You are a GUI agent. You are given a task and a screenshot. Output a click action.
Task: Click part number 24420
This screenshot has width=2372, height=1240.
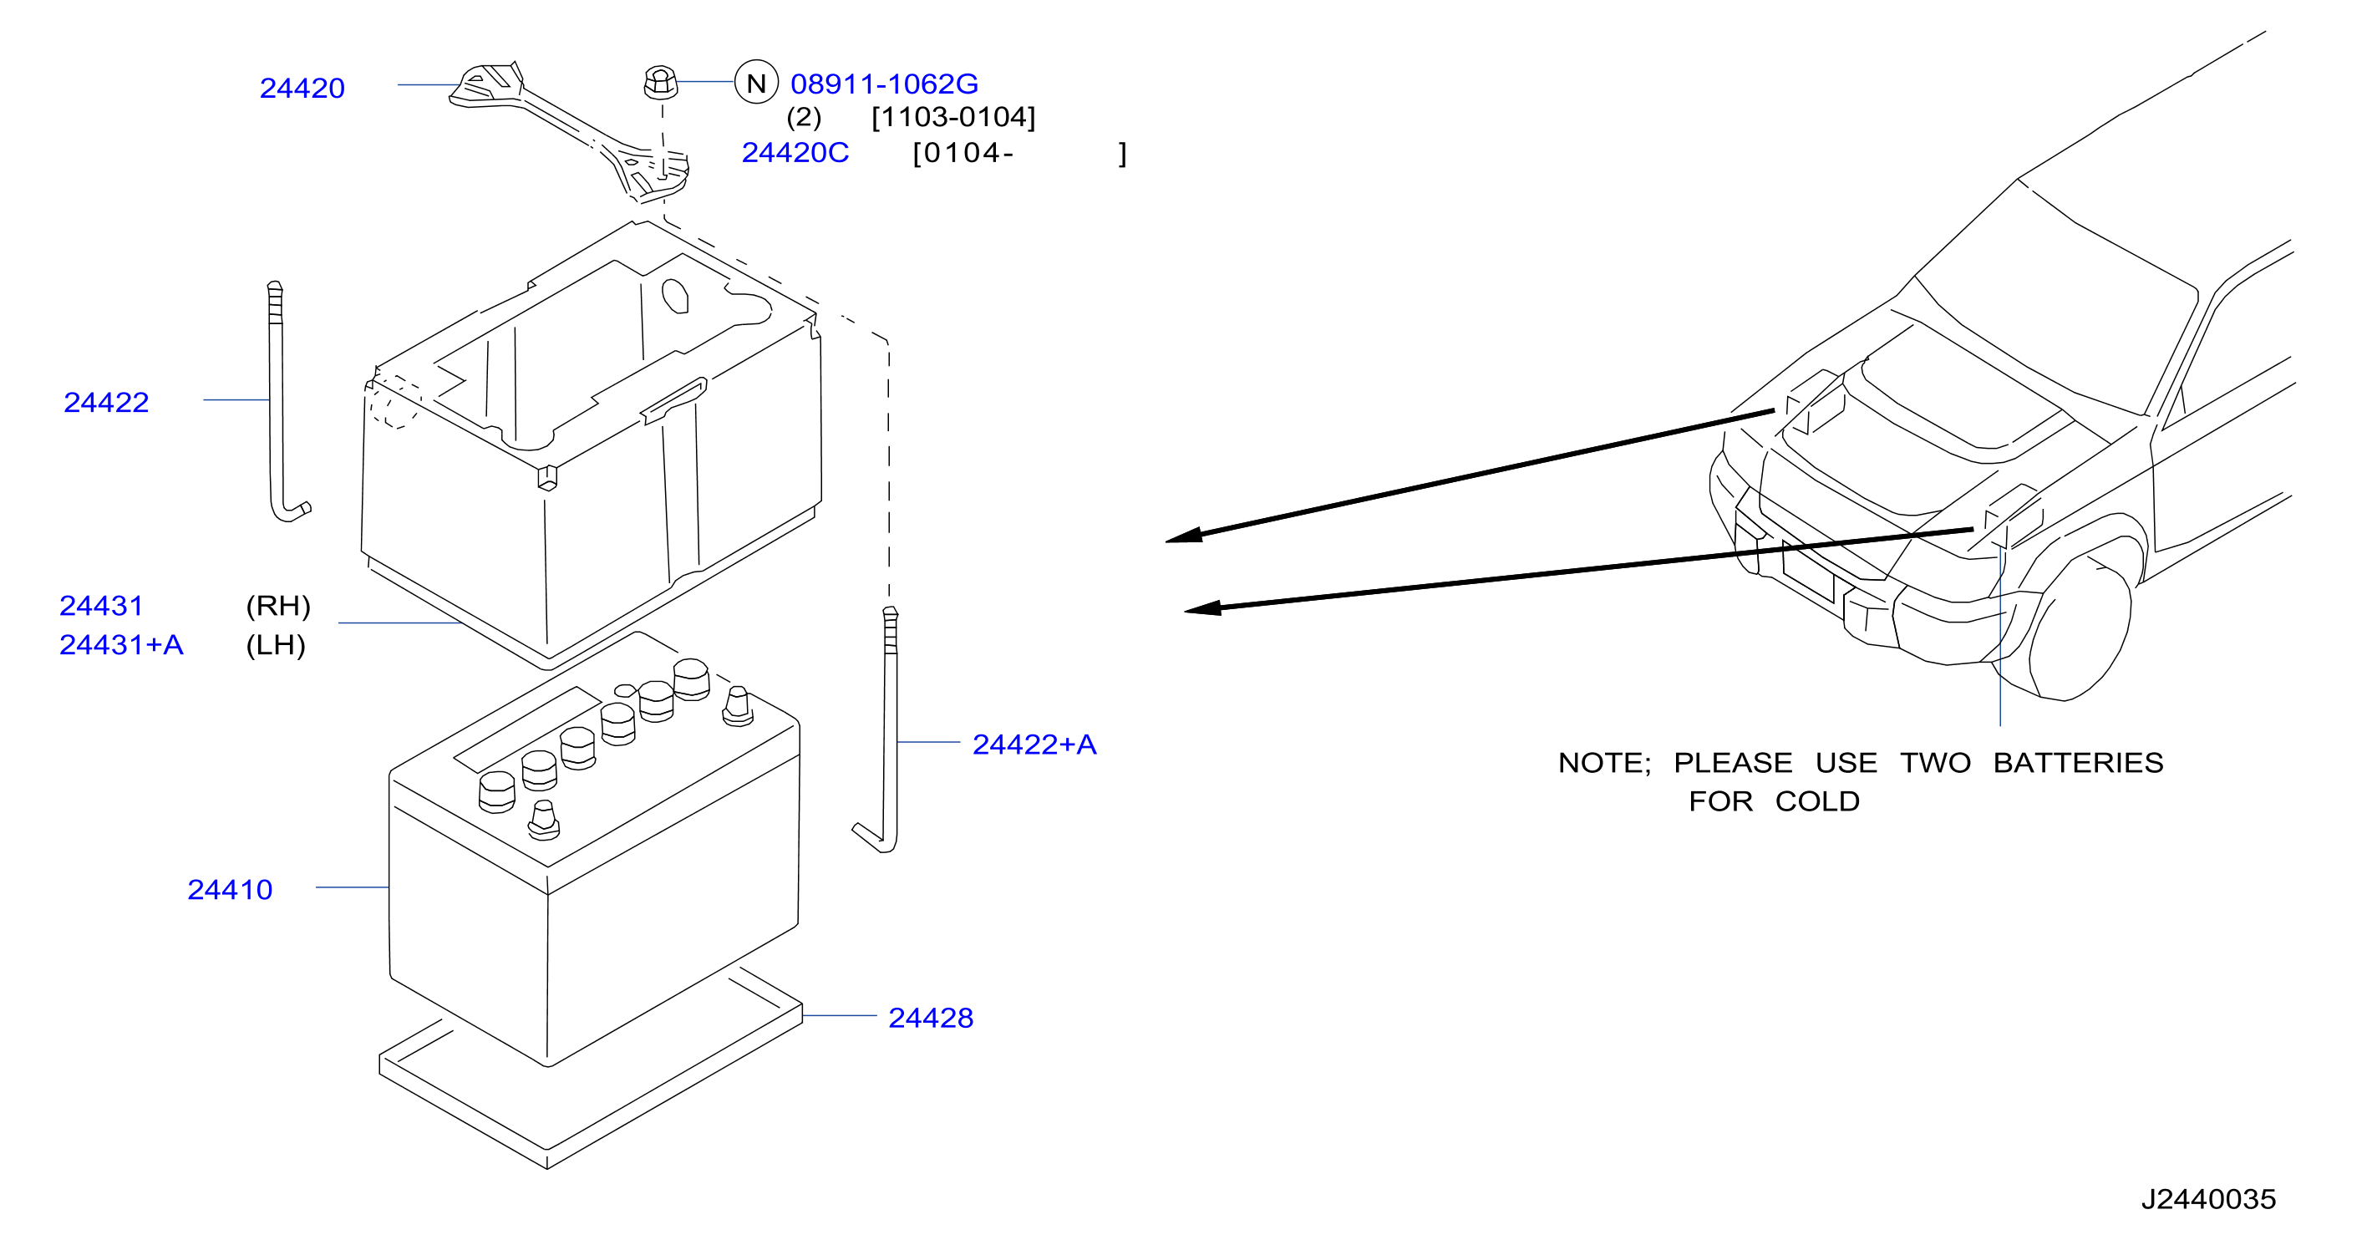click(302, 89)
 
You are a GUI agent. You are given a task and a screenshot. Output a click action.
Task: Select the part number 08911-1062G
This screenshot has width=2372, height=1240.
click(884, 84)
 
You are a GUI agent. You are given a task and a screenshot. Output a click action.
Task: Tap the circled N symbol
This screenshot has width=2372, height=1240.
click(756, 84)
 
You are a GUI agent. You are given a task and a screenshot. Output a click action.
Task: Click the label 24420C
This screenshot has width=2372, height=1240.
click(795, 153)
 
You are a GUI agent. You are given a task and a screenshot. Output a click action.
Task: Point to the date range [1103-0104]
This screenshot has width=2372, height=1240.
click(953, 118)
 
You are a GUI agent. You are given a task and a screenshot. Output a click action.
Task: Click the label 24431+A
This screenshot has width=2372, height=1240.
click(121, 645)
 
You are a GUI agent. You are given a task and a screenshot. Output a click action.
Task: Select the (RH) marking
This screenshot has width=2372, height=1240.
click(278, 606)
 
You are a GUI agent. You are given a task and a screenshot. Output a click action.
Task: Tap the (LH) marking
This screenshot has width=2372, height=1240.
click(276, 645)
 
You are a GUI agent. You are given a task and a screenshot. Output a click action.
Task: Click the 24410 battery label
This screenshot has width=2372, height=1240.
click(231, 890)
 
